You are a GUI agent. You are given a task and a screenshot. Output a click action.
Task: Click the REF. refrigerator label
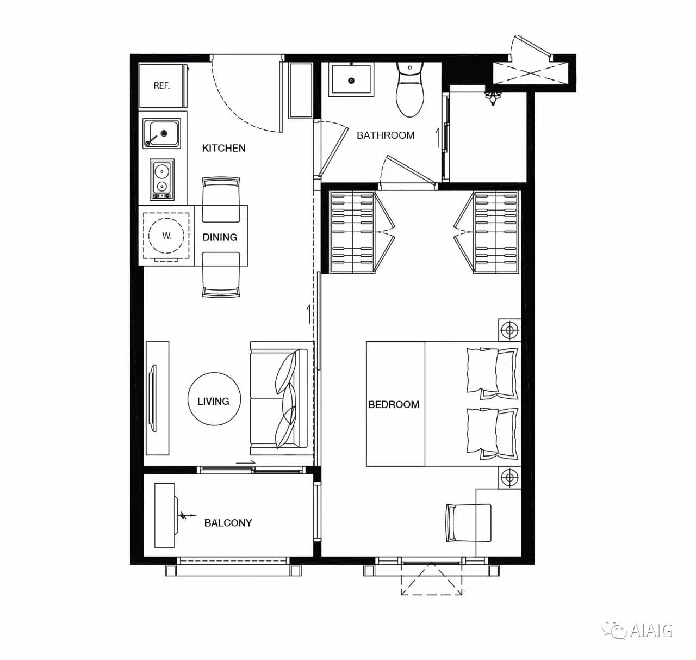coord(162,85)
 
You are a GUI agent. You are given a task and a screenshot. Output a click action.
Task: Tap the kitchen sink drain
coord(164,133)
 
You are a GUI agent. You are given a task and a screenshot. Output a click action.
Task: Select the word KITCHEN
coord(223,148)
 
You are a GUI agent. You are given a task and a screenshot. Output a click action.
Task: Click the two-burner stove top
coord(162,179)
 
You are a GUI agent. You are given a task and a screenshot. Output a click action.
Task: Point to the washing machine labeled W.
coord(166,236)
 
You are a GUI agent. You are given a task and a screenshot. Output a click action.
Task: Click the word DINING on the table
coord(220,237)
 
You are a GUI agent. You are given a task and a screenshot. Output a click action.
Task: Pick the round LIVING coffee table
coord(214,399)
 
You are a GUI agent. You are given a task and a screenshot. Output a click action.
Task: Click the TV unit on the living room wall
coord(158,398)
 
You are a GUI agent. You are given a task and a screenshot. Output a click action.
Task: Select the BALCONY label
coord(228,523)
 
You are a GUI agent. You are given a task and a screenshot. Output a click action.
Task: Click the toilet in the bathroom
coord(410,90)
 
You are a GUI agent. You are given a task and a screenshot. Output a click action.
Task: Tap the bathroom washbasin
coord(351,79)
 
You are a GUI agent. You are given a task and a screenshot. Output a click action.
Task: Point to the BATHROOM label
coord(386,135)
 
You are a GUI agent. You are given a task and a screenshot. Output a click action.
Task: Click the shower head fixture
coord(493,97)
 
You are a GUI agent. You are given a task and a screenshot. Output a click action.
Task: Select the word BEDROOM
coord(394,405)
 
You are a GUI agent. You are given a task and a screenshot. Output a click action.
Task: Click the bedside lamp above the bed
coord(509,330)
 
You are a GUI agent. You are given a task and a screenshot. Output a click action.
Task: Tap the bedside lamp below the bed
coord(509,478)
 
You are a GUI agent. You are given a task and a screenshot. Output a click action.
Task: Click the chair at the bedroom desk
coord(469,523)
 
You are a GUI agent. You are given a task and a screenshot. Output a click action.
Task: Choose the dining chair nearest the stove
coord(221,200)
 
